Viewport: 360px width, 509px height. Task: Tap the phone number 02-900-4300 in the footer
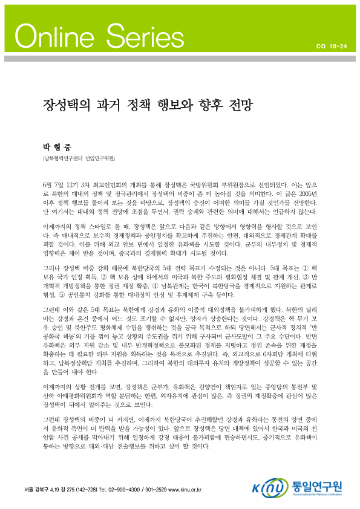pos(126,487)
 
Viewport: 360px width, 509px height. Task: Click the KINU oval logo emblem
pos(269,487)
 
